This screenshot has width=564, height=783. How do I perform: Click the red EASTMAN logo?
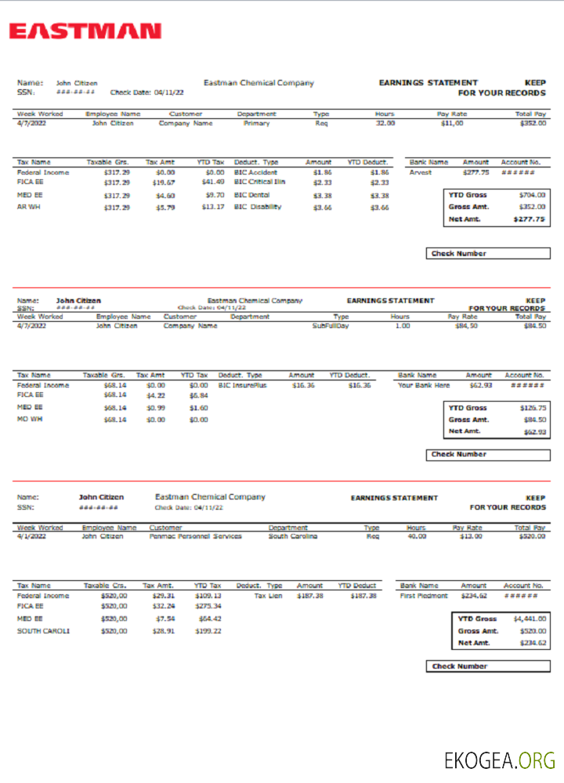pos(85,31)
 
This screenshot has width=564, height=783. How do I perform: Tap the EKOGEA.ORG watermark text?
pos(500,760)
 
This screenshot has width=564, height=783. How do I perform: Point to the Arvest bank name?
pos(421,172)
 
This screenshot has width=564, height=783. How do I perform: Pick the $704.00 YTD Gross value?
pos(532,194)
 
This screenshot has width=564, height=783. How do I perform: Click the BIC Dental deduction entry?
pos(252,195)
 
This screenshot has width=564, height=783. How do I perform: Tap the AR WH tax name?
pos(27,207)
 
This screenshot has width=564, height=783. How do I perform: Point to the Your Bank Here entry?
pos(424,385)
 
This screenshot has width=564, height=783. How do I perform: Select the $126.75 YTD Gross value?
pos(533,408)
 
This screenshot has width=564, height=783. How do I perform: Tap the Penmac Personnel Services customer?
pos(195,536)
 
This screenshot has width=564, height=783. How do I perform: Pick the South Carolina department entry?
pos(292,536)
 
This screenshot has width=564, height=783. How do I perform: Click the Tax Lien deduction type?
pos(268,596)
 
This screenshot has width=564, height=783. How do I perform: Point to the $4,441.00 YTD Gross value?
pos(530,619)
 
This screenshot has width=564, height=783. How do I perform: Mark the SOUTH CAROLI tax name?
pos(43,631)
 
